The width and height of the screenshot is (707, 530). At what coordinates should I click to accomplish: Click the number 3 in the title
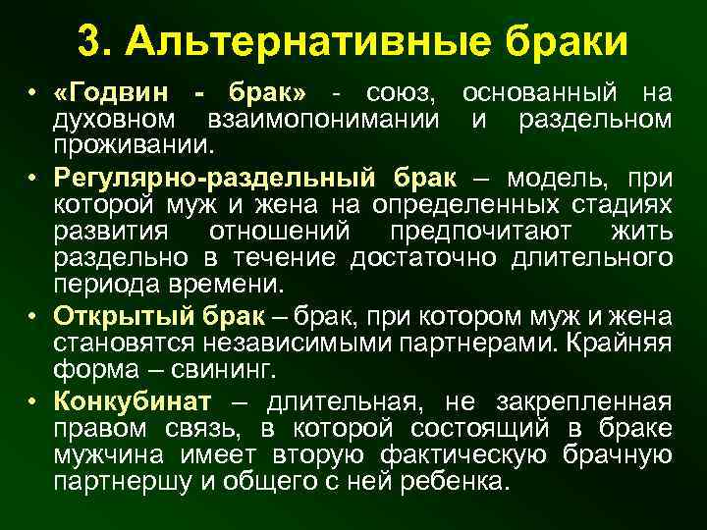(89, 41)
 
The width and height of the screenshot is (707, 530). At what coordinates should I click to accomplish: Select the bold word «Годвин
(114, 93)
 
